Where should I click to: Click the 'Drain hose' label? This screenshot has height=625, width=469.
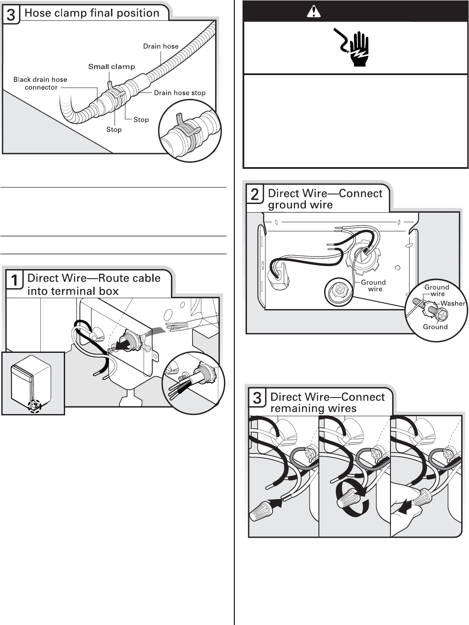pos(161,46)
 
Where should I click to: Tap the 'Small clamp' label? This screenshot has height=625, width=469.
pos(112,66)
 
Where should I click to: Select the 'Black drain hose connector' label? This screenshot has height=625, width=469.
pos(40,83)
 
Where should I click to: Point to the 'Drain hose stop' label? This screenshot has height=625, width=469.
pos(180,92)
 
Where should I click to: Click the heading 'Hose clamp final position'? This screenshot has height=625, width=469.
pos(92,13)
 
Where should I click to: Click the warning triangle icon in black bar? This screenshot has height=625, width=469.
pos(312,12)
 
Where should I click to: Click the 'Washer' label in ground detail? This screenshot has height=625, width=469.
pos(453,303)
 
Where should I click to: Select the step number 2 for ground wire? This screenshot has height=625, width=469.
pos(255,194)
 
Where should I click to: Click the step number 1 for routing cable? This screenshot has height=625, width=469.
pos(14,280)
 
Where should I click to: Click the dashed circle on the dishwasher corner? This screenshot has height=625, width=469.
pos(34,406)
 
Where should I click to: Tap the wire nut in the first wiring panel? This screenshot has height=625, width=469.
pos(261,510)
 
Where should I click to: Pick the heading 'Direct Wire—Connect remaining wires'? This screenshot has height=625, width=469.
pos(327,402)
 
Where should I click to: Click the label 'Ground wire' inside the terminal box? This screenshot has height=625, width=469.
pos(373,286)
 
